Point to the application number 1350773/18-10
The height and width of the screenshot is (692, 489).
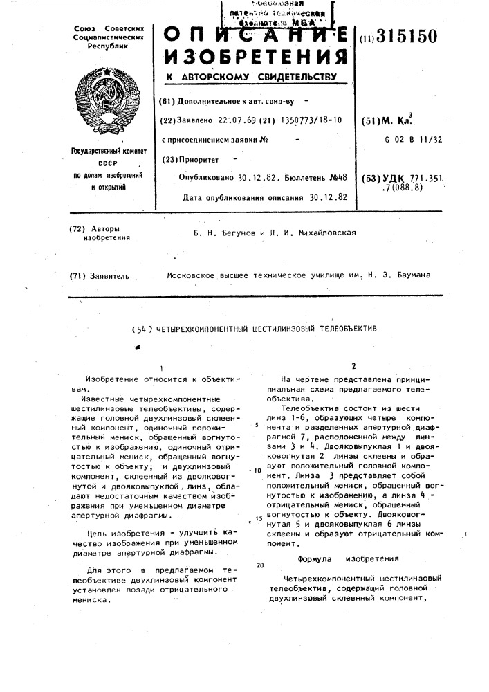(304, 120)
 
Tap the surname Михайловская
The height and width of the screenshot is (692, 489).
(324, 233)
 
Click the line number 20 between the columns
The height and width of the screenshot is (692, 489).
(259, 565)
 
